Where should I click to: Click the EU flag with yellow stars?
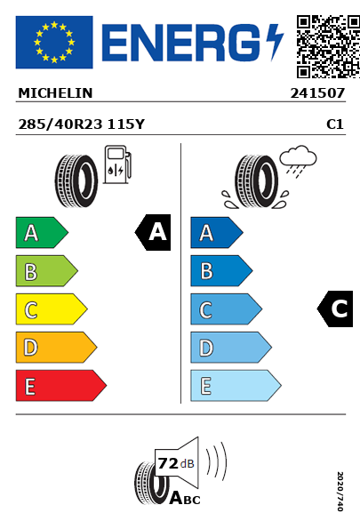click(x=54, y=42)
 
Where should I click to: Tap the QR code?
click(x=328, y=46)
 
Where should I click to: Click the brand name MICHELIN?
click(x=55, y=93)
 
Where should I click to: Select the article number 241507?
click(x=317, y=93)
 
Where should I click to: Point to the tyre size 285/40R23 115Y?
click(x=81, y=124)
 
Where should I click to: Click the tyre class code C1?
click(x=335, y=124)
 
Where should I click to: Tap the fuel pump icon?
click(x=117, y=164)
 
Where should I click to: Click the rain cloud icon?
click(x=298, y=161)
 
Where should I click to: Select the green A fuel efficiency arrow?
click(x=42, y=232)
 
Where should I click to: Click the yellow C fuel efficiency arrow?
click(x=52, y=309)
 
